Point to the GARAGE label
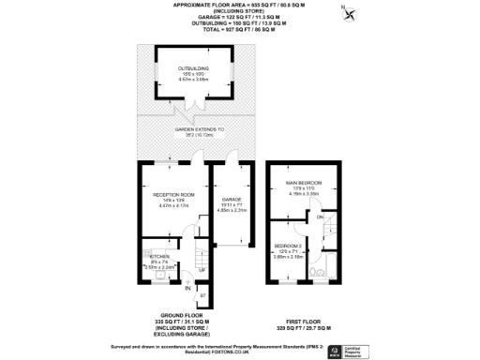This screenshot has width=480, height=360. point(231,200)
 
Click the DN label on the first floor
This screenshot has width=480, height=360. point(320,217)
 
